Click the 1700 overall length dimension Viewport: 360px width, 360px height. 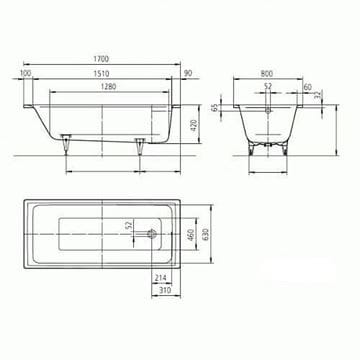tap(101, 59)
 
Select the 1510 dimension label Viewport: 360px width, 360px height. tap(102, 73)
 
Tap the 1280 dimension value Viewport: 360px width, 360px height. tap(109, 87)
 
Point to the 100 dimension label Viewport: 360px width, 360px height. tap(26, 73)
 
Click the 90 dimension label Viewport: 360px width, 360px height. tap(188, 73)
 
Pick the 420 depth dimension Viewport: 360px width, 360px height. tap(194, 124)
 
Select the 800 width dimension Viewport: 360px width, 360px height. tap(267, 73)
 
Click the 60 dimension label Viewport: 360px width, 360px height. tap(308, 87)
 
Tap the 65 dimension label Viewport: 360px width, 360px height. tap(215, 107)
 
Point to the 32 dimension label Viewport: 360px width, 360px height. tap(317, 94)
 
